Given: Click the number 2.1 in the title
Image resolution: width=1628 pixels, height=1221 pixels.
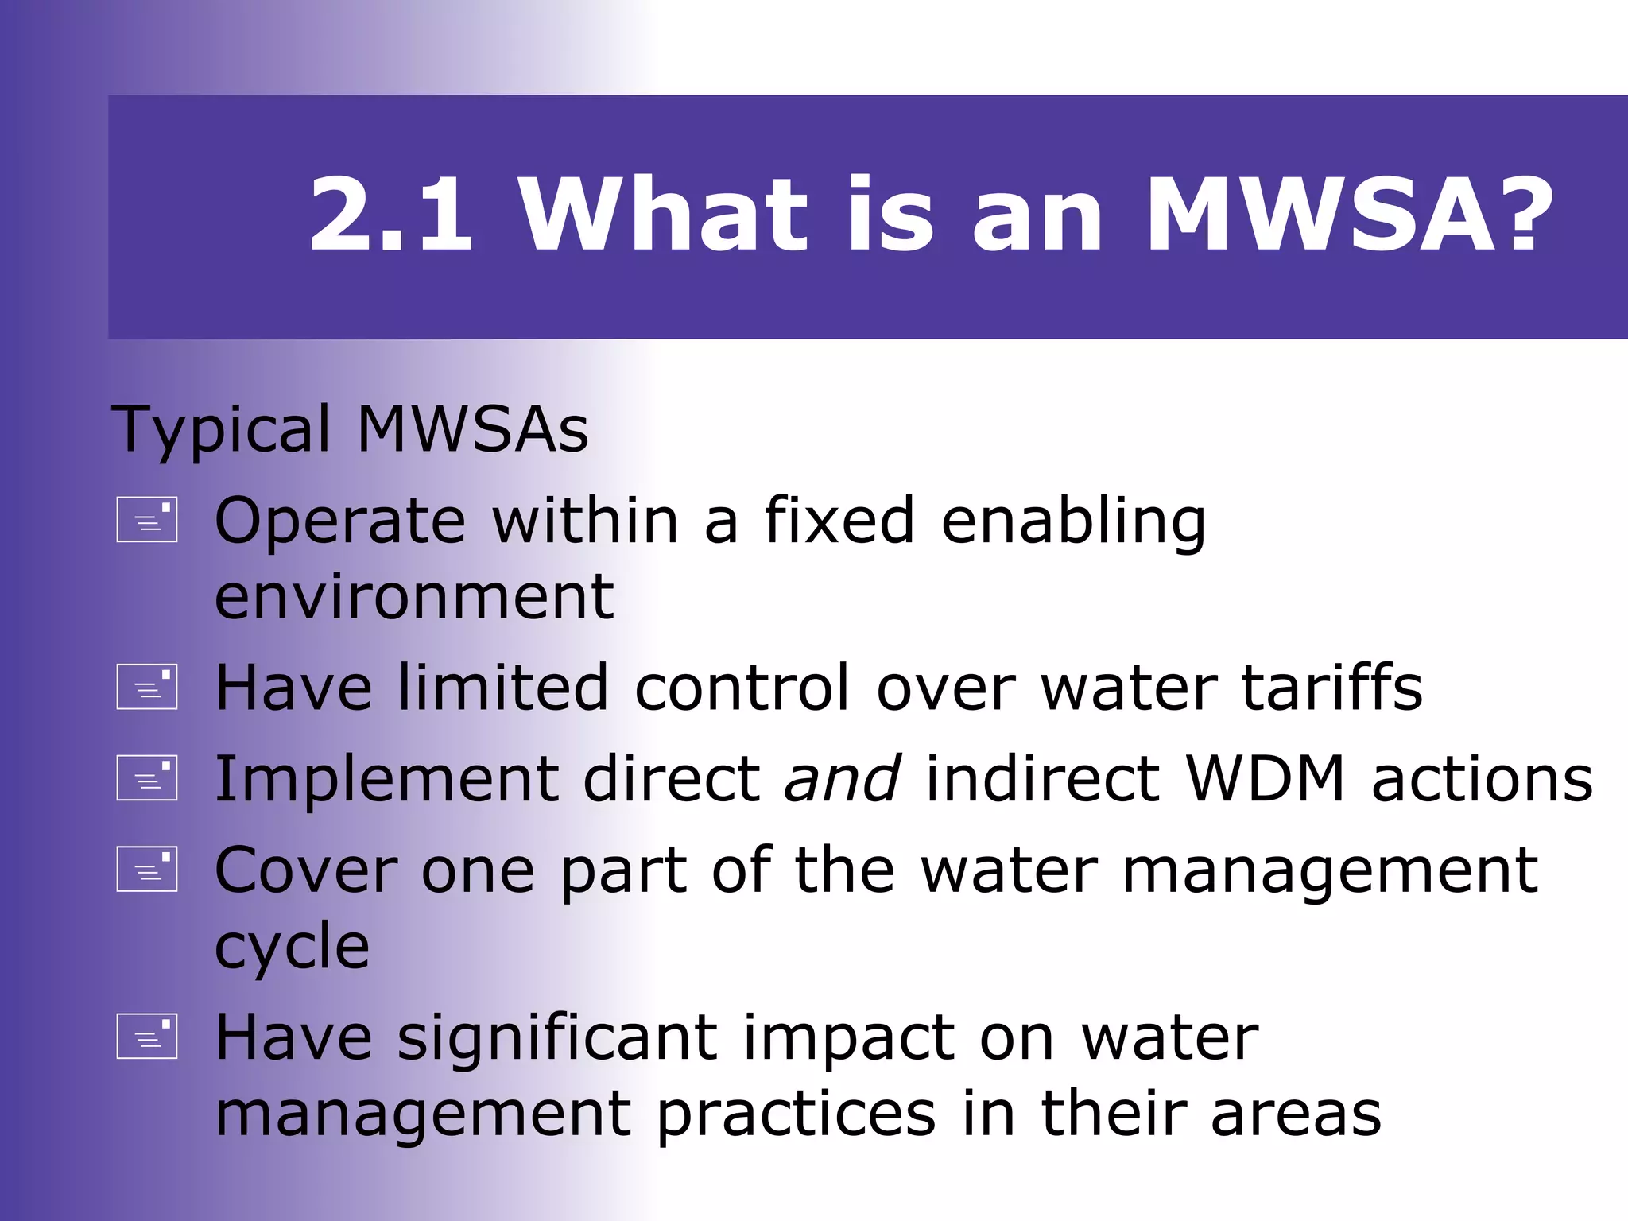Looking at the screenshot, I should [x=391, y=215].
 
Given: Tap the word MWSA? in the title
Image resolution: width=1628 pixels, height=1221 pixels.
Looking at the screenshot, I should [x=1349, y=215].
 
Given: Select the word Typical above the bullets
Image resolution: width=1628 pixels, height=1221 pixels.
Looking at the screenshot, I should [x=221, y=431].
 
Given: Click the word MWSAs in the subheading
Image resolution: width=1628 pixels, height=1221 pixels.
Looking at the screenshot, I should [x=472, y=429].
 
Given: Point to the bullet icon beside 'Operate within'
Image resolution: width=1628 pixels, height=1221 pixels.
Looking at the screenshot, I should [x=147, y=520].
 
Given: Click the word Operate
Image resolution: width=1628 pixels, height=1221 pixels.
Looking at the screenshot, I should [x=340, y=521].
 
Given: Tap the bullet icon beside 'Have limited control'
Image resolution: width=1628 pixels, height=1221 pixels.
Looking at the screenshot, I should [x=147, y=686].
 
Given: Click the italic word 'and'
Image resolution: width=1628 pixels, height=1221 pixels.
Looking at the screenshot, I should [x=843, y=778].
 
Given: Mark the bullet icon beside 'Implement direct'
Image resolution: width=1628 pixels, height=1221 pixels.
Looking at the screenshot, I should [x=147, y=777].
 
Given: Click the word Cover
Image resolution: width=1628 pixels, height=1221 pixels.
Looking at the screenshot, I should [x=306, y=870].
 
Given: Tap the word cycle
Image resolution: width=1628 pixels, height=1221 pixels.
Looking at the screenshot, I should [x=293, y=948].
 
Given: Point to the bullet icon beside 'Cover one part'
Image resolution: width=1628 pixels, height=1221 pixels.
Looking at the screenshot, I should [x=147, y=868].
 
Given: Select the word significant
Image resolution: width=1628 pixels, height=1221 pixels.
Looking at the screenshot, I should [x=557, y=1038].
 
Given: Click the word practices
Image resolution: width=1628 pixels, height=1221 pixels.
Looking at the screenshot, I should [x=797, y=1114].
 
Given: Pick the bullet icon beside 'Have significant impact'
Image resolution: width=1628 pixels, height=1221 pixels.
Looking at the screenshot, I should [x=147, y=1036].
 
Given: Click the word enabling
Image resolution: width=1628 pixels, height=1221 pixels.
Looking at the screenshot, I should [x=1073, y=522].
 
